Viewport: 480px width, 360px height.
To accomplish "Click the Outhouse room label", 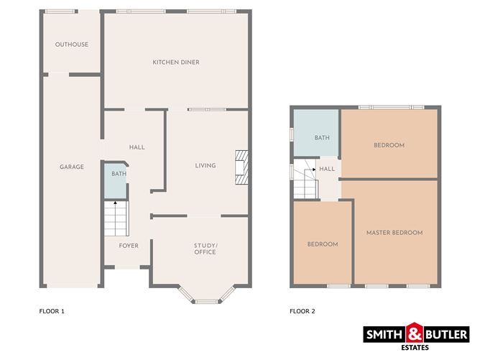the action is click(x=72, y=45).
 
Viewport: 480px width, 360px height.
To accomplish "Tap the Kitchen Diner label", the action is click(x=176, y=62).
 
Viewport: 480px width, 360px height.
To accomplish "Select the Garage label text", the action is click(x=72, y=167).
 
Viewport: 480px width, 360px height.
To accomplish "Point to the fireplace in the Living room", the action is click(x=241, y=167).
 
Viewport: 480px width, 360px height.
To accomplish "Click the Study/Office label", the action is click(x=206, y=249).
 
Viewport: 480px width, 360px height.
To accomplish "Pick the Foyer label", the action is click(x=129, y=246).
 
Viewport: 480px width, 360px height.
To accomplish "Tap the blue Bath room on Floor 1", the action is click(x=116, y=181).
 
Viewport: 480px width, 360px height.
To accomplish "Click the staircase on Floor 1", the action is click(x=116, y=218).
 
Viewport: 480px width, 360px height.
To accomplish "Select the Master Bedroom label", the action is click(x=394, y=233).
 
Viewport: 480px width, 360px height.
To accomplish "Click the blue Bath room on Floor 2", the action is click(x=316, y=132).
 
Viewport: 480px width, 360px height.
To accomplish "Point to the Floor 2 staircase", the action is click(x=305, y=179).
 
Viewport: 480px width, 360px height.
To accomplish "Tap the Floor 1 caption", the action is click(x=52, y=311).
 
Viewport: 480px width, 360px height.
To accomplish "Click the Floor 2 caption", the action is click(x=302, y=311).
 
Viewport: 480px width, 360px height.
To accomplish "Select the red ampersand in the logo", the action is click(x=415, y=333).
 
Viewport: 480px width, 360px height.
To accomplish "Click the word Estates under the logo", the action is click(x=415, y=348).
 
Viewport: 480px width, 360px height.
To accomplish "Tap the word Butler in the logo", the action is click(x=446, y=334).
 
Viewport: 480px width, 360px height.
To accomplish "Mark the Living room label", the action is click(x=206, y=165).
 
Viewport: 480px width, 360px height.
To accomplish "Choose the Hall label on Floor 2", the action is click(x=327, y=169).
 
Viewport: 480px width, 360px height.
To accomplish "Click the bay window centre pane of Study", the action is click(x=207, y=302).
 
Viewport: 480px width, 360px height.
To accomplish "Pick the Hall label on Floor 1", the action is click(x=137, y=147).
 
